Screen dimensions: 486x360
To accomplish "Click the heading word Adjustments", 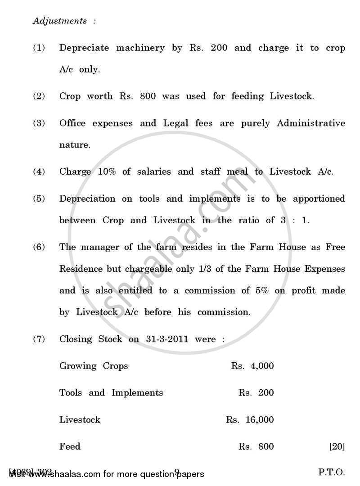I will coord(60,21).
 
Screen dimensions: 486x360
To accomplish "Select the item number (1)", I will coord(39,48).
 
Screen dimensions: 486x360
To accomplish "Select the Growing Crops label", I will coord(94,366).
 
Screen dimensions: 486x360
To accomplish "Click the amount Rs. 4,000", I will coord(252,366).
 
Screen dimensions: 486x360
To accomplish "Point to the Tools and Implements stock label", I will coord(111,393).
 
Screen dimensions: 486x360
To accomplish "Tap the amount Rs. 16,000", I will coord(250,420).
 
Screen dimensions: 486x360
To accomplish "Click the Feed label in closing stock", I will coord(70,447).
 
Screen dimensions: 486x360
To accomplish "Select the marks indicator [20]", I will coord(337,447).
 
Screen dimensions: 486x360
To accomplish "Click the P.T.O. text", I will coord(332,473).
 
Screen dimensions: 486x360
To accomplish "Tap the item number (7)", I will coord(39,339).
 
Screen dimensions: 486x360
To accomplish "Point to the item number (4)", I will coord(39,171).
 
